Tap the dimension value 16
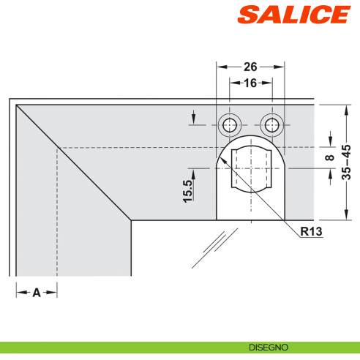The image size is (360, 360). coord(251,83)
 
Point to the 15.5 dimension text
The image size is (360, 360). coord(188,190)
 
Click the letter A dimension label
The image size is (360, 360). coord(36,292)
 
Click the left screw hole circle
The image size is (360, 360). coord(230,122)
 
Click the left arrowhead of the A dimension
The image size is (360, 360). coord(19,292)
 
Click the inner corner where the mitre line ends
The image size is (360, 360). coord(131,220)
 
